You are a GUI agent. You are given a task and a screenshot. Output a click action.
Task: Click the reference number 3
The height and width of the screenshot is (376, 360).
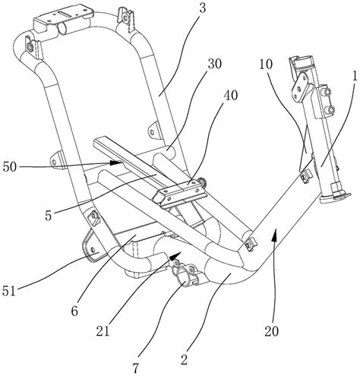(x=203, y=8)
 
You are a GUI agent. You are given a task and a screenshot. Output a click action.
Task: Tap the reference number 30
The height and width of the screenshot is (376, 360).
(x=215, y=64)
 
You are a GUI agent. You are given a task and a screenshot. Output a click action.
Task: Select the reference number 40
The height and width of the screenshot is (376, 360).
(x=231, y=96)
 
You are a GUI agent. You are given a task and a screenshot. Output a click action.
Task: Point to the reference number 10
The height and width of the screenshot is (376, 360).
(x=266, y=65)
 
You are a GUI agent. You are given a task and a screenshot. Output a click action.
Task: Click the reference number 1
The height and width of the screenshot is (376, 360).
(x=355, y=76)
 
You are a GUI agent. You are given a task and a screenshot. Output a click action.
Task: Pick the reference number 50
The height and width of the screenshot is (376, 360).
(x=10, y=166)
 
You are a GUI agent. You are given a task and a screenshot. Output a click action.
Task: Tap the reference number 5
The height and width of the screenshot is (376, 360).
(x=49, y=216)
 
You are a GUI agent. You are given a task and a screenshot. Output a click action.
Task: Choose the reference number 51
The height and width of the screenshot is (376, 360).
(x=9, y=291)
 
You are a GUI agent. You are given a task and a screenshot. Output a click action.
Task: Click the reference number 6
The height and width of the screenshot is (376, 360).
(x=74, y=311)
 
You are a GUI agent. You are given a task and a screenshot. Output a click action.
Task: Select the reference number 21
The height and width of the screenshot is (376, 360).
(x=103, y=331)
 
